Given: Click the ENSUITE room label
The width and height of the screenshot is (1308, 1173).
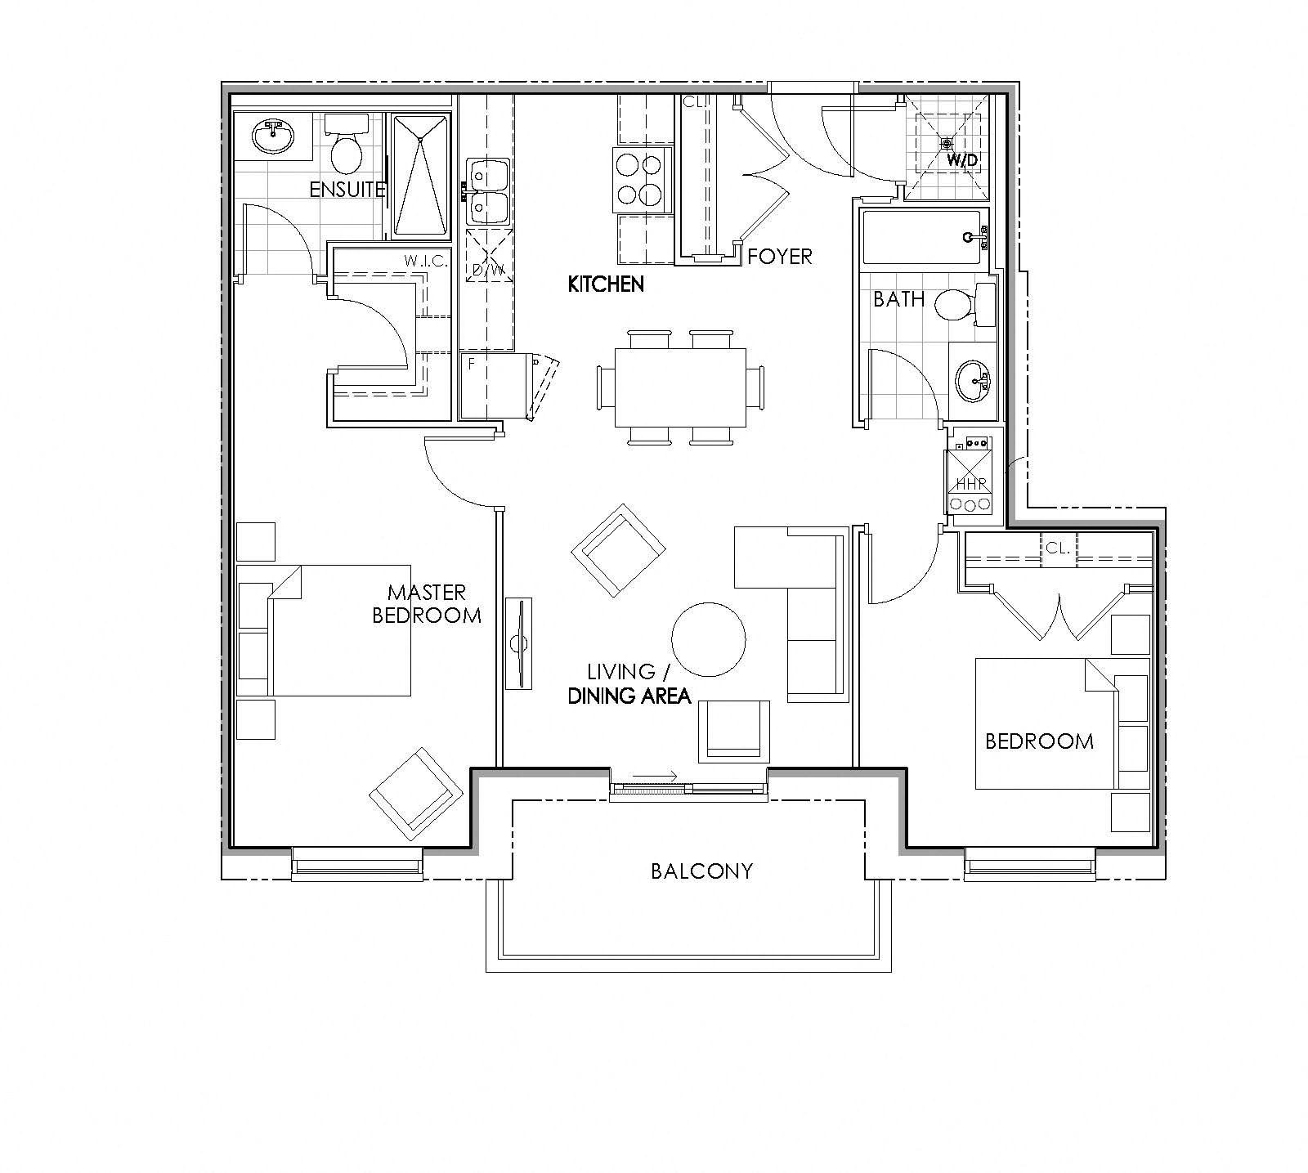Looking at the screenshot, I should (x=347, y=190).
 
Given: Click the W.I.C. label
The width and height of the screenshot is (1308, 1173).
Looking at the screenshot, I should (x=423, y=262).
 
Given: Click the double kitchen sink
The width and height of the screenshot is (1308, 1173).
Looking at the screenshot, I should (x=489, y=191).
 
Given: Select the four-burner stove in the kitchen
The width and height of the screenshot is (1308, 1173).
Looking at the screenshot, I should (x=638, y=179).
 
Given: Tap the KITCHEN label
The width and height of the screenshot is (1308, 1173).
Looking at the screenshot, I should (x=606, y=284).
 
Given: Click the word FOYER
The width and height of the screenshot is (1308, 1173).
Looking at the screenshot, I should (x=780, y=257).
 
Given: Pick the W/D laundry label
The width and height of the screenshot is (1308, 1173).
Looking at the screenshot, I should (x=962, y=160).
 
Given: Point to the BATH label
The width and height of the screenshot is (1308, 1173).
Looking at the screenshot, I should (x=898, y=299).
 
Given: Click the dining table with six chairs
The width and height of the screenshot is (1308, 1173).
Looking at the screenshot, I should (x=681, y=387).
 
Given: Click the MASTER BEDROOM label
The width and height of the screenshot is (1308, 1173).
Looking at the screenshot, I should (x=426, y=603).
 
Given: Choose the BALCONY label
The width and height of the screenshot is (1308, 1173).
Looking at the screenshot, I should (x=701, y=871).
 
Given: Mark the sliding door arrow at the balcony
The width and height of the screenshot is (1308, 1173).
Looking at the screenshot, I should (x=655, y=777).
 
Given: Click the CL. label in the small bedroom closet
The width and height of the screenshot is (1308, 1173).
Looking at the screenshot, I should (x=1058, y=548).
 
